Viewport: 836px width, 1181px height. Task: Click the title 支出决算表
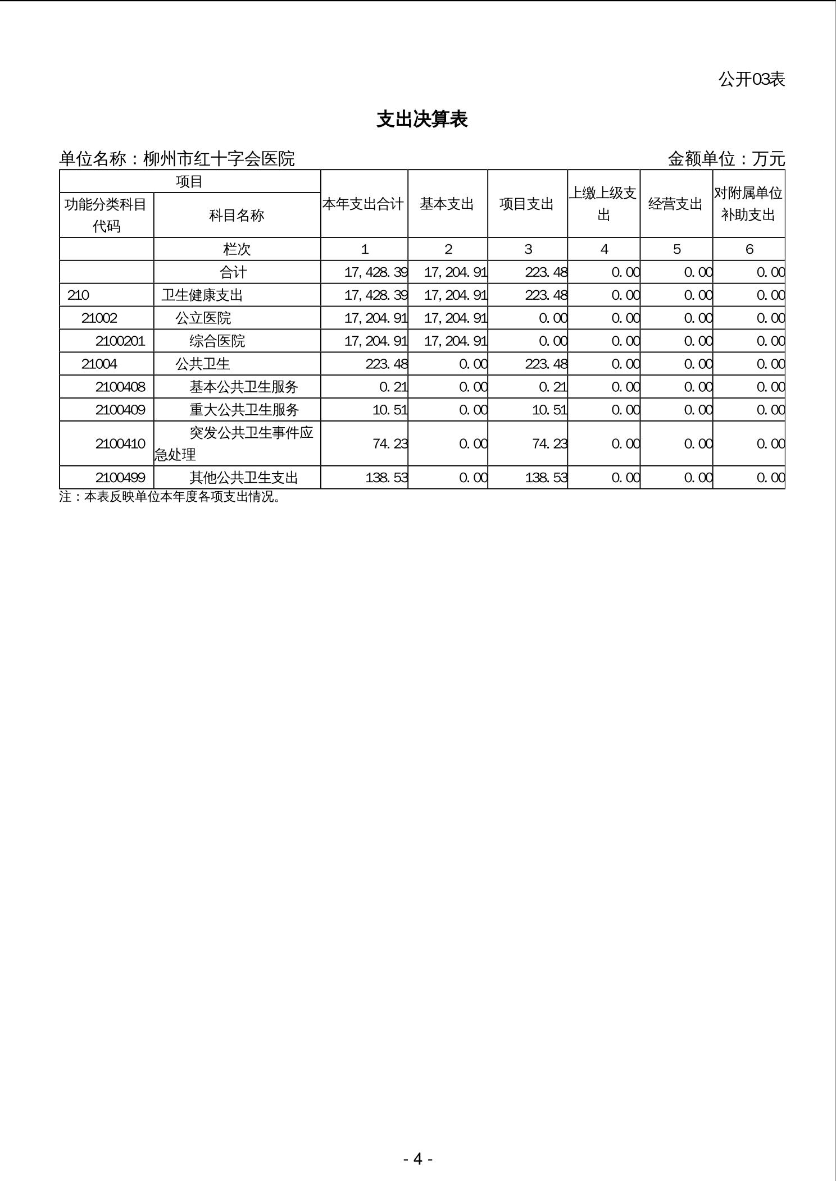click(x=422, y=120)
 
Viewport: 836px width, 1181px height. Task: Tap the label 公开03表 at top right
click(x=751, y=80)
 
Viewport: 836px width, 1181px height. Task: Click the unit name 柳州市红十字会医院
click(x=219, y=159)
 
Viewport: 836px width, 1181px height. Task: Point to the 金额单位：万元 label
click(x=726, y=159)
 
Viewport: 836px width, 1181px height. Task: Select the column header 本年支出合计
click(x=364, y=204)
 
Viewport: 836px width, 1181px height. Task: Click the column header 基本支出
click(x=447, y=204)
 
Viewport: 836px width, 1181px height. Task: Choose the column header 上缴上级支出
click(x=603, y=204)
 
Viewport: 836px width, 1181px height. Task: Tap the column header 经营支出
click(x=676, y=204)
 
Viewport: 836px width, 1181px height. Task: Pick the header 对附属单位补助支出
click(x=748, y=204)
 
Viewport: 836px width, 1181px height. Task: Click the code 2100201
click(x=120, y=341)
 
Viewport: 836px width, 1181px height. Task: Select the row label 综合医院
click(x=217, y=341)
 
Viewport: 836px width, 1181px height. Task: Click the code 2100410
click(x=120, y=444)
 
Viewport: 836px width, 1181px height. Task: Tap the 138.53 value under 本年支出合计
click(x=387, y=478)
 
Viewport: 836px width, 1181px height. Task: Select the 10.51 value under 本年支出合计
click(x=389, y=410)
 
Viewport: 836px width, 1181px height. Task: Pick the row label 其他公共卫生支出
click(x=243, y=478)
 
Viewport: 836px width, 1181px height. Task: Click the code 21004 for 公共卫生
click(x=99, y=364)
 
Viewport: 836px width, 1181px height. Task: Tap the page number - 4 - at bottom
click(x=417, y=1159)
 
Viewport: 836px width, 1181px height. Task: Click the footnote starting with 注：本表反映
click(x=170, y=497)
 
